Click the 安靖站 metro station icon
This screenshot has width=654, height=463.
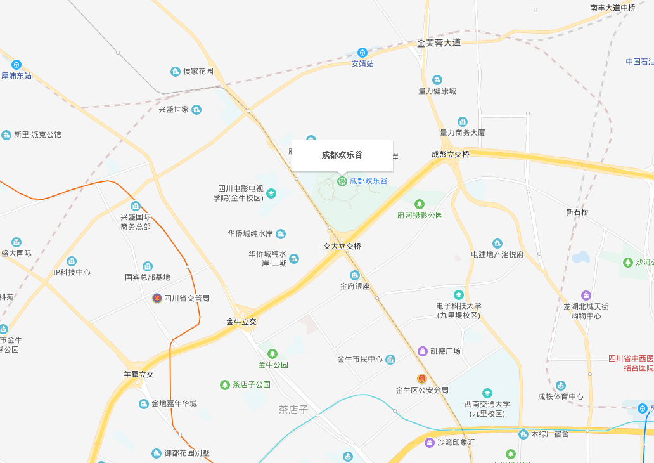tap(362, 53)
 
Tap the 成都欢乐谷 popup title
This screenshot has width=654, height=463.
tap(342, 155)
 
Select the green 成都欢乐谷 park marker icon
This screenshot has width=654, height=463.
tap(342, 181)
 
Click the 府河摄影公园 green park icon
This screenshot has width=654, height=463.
tap(420, 204)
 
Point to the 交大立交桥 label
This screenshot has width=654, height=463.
tap(342, 246)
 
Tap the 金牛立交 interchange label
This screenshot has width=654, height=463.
tap(241, 322)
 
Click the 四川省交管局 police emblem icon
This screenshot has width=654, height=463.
tap(157, 298)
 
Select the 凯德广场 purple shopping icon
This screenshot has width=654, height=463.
tap(423, 351)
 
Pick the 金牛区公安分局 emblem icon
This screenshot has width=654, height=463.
tap(421, 379)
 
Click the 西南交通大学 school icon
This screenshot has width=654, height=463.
tap(487, 393)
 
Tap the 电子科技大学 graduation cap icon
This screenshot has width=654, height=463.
tap(458, 295)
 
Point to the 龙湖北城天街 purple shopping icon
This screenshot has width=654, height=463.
tap(586, 296)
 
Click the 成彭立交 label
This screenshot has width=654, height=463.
tap(451, 154)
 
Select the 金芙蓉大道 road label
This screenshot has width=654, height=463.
tap(439, 43)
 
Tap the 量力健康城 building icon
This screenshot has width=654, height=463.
tap(437, 80)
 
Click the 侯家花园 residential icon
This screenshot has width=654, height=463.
tap(176, 72)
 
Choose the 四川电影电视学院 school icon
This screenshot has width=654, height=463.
tap(271, 193)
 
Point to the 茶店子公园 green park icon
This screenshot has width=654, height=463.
tap(224, 385)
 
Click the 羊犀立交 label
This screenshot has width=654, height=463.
tap(139, 374)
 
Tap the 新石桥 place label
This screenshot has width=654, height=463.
tap(577, 212)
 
